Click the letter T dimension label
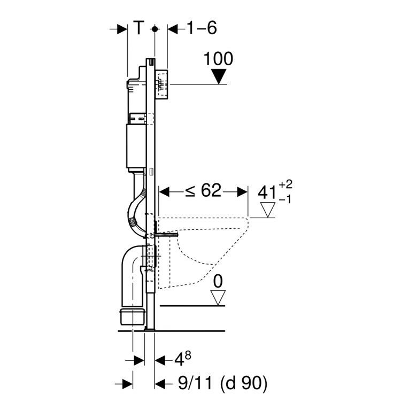pos(139,28)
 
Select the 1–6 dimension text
pos(202,28)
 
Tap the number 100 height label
pos(218,59)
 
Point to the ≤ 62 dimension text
pos(203,190)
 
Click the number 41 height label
pos(267,192)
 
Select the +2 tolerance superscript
pos(285,184)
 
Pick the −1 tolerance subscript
pos(285,199)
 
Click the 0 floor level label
pos(218,282)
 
